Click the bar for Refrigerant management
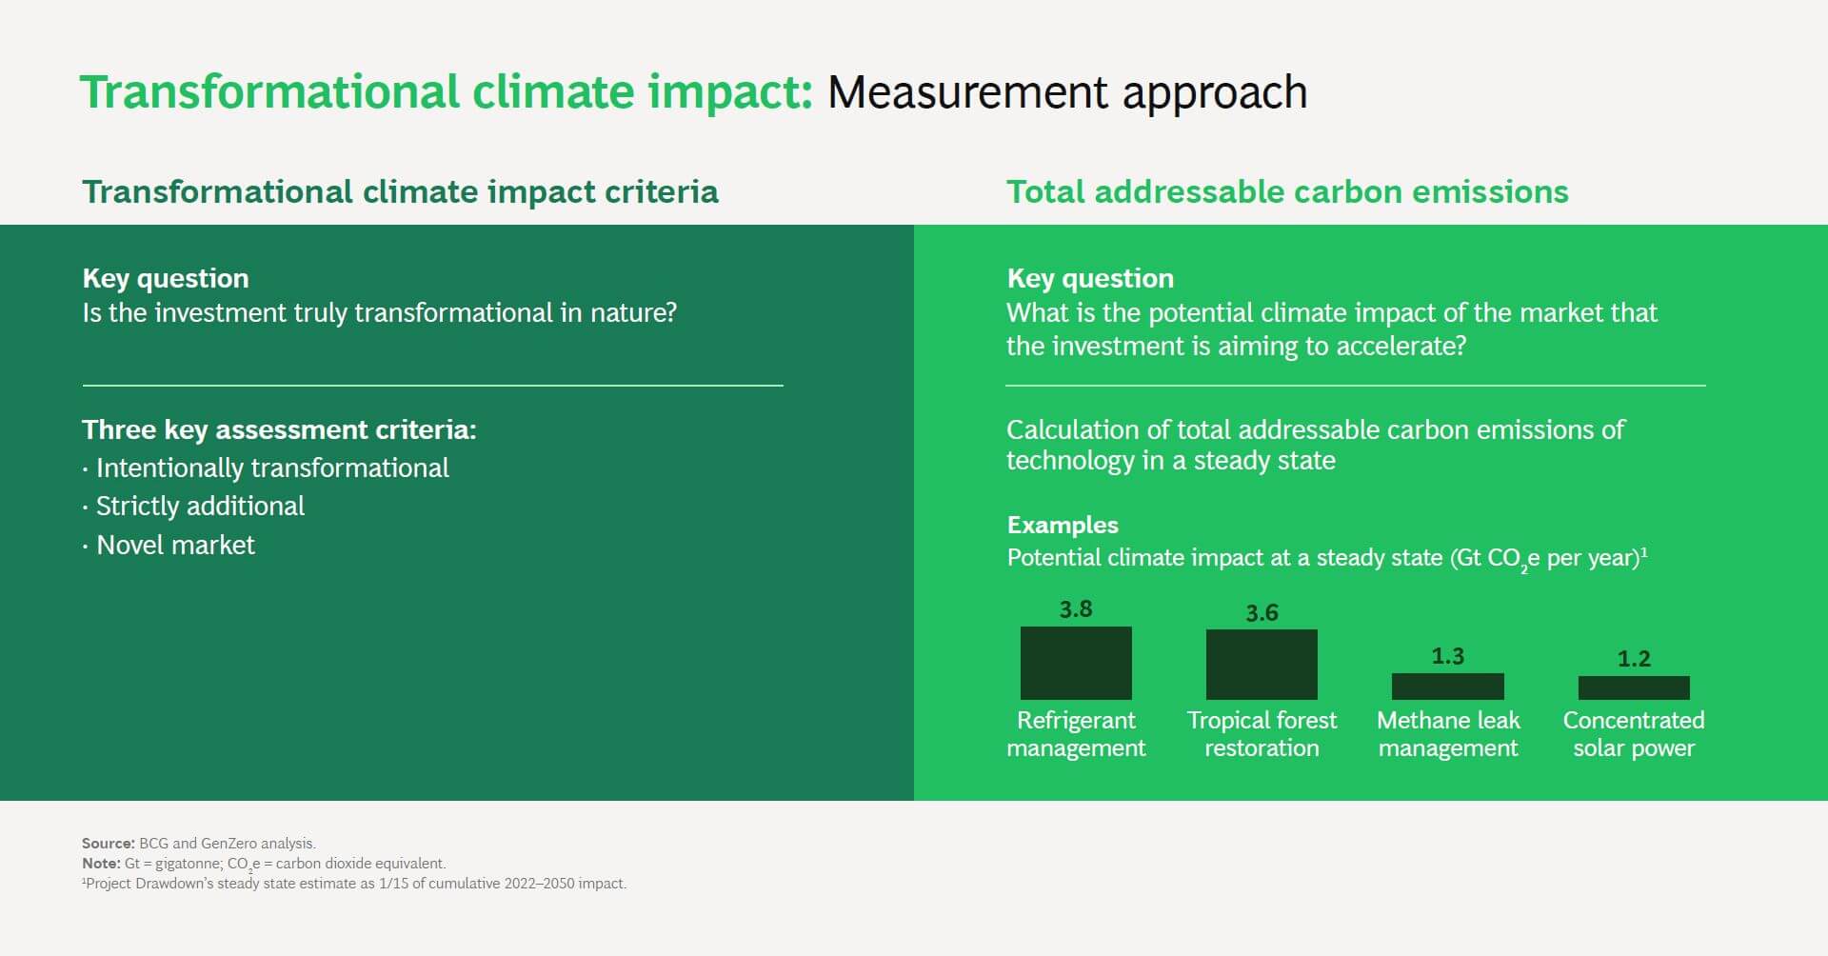point(1076,663)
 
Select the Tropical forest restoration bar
point(1262,665)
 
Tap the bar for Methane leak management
point(1448,687)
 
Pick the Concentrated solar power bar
point(1634,687)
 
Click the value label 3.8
point(1076,609)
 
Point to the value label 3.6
point(1262,613)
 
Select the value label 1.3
point(1448,656)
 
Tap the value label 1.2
point(1634,659)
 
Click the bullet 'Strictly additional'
point(193,506)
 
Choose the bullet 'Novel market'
point(169,545)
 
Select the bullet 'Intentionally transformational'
point(266,468)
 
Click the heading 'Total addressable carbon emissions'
point(1287,191)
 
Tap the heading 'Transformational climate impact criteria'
point(400,191)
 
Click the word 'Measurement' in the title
point(968,92)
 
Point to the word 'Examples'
point(1063,525)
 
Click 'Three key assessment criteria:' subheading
point(279,430)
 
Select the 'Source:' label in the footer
point(109,843)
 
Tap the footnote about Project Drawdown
point(354,884)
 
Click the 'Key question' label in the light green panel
point(1090,278)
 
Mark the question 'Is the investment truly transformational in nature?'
point(379,313)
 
